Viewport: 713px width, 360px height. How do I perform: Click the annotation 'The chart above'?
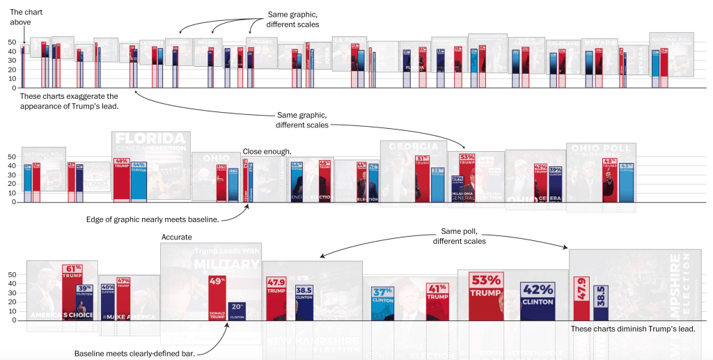pyautogui.click(x=20, y=17)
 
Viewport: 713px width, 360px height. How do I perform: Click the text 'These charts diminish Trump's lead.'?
pyautogui.click(x=632, y=329)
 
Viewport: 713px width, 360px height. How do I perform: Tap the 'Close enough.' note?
pyautogui.click(x=267, y=151)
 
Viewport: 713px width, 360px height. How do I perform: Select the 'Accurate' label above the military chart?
pyautogui.click(x=177, y=237)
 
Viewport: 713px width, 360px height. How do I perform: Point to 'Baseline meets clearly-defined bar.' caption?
pyautogui.click(x=135, y=353)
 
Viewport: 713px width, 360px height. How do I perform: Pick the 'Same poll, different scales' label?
pyautogui.click(x=460, y=236)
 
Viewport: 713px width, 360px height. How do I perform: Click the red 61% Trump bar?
pyautogui.click(x=68, y=292)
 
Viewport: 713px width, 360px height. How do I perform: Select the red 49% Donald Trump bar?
pyautogui.click(x=217, y=298)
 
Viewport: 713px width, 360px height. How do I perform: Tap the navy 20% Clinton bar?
pyautogui.click(x=237, y=311)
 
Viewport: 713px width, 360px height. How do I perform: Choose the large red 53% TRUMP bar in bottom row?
pyautogui.click(x=486, y=296)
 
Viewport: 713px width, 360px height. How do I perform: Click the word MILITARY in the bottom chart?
pyautogui.click(x=226, y=265)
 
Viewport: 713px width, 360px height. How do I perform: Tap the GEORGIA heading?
pyautogui.click(x=413, y=147)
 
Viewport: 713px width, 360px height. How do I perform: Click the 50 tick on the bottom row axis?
pyautogui.click(x=12, y=274)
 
